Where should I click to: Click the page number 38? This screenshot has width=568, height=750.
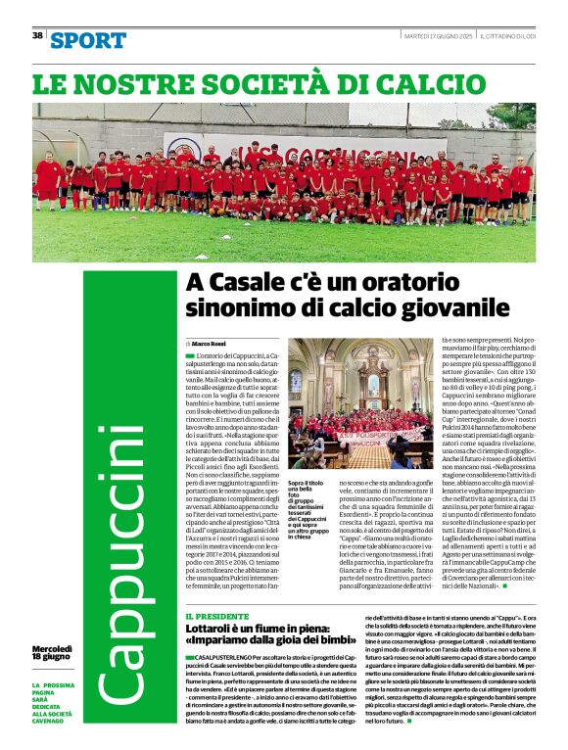(x=37, y=35)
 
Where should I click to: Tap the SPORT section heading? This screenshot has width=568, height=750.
(x=88, y=40)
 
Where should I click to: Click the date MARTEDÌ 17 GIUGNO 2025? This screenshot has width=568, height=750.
(x=438, y=35)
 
